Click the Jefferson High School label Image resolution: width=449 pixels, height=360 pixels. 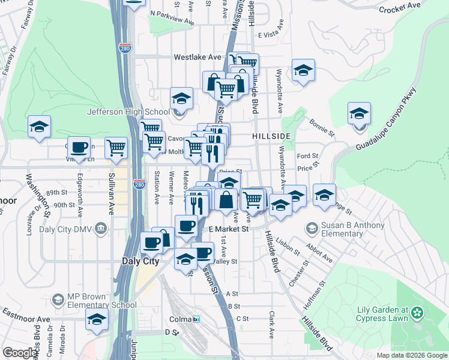(128, 112)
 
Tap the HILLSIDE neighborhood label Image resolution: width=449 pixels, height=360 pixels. (271, 136)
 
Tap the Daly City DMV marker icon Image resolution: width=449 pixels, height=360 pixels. (100, 227)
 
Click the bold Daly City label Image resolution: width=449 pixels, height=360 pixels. (140, 261)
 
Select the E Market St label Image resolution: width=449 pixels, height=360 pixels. (229, 229)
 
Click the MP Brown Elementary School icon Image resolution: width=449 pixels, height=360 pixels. (58, 299)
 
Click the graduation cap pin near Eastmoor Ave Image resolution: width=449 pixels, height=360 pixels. (96, 320)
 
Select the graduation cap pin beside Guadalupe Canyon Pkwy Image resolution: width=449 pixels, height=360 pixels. (359, 114)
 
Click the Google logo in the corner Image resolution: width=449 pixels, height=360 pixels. (20, 353)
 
